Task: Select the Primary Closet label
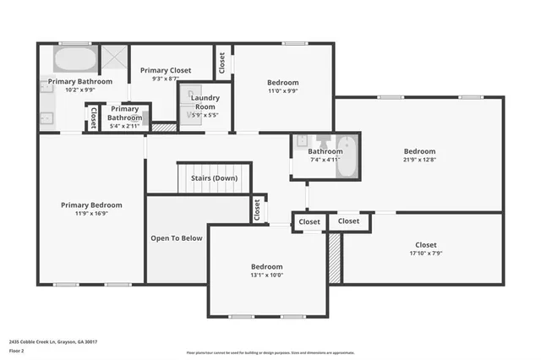[166, 71]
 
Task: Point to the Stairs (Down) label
[213, 178]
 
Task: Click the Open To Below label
[177, 238]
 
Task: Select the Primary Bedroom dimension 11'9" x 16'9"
[91, 214]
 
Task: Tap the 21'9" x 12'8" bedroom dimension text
[419, 161]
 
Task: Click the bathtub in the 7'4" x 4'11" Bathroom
[346, 158]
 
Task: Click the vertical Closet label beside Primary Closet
[222, 63]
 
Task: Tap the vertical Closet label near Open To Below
[257, 210]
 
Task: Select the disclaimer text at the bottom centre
[270, 352]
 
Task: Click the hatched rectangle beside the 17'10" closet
[335, 258]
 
